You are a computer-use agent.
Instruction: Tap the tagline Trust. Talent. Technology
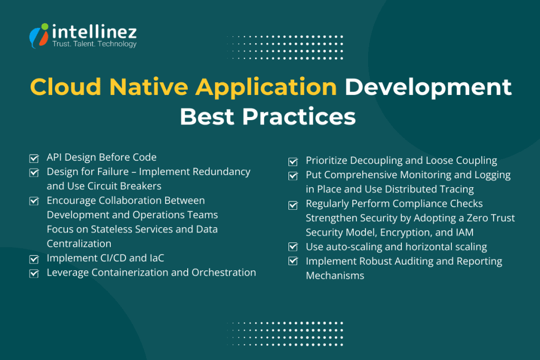(94, 44)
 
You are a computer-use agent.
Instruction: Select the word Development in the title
(428, 87)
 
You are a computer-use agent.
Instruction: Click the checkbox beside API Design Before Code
(34, 158)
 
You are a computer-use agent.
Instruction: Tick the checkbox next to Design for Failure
(34, 172)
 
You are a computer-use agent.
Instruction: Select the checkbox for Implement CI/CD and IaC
(34, 259)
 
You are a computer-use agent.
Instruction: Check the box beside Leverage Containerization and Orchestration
(34, 273)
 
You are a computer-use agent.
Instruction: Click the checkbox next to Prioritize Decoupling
(293, 161)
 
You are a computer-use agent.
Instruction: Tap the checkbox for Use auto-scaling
(293, 247)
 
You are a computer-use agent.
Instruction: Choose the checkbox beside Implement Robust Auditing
(293, 261)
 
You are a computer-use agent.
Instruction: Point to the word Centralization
(79, 244)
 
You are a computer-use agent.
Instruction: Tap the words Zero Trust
(491, 218)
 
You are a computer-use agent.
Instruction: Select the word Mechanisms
(335, 276)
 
